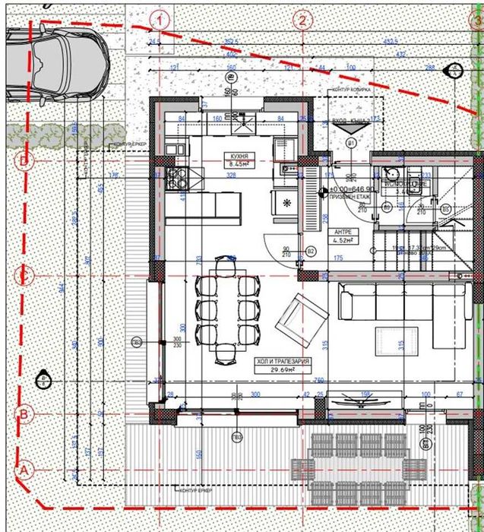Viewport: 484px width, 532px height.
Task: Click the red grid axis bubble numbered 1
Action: (x=160, y=19)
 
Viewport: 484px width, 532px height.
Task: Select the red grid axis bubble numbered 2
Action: (x=303, y=19)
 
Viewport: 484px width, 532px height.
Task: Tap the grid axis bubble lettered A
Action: (x=24, y=470)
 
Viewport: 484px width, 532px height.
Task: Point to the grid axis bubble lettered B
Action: (x=24, y=414)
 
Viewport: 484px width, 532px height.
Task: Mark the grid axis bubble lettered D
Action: (x=24, y=160)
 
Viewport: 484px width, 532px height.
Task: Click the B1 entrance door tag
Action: (x=351, y=143)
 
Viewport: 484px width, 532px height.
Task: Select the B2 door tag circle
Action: (x=310, y=249)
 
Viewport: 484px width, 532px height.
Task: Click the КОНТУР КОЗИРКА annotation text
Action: (x=351, y=90)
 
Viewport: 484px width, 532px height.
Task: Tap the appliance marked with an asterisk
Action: (x=287, y=203)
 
